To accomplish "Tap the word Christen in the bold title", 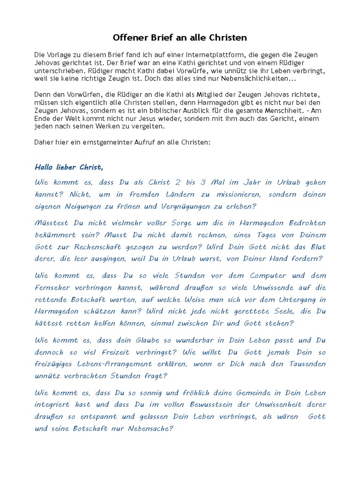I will [227, 37].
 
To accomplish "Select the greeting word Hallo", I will [46, 167].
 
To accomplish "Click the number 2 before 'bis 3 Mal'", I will [177, 182].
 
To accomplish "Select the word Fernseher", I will [53, 287].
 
